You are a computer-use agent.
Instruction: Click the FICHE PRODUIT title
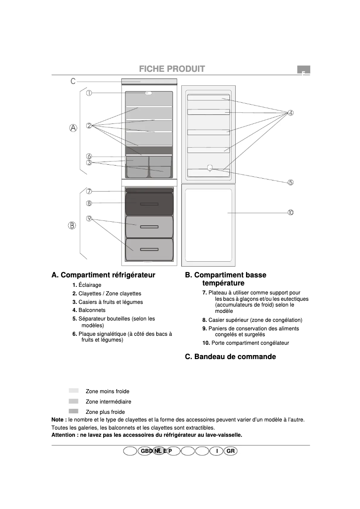172,69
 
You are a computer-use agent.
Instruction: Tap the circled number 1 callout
89,93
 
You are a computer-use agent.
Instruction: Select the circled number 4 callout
291,113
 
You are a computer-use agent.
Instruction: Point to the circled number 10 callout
291,212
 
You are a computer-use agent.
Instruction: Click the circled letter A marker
73,128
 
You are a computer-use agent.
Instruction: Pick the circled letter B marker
72,225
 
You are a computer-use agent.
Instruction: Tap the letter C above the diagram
73,81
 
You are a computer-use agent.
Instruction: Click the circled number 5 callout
291,182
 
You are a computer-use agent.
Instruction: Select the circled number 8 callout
89,203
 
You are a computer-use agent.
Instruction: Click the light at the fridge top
149,93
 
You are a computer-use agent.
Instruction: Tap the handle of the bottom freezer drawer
149,250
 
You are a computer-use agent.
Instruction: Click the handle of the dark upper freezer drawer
149,204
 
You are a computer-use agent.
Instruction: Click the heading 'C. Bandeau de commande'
230,357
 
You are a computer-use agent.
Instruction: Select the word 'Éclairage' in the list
90,285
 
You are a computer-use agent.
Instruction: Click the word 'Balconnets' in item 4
92,310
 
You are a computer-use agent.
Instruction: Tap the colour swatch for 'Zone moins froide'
74,391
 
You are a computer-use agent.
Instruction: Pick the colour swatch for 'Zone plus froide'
74,412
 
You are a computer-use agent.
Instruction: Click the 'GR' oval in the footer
231,451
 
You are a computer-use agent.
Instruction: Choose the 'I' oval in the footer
217,451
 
